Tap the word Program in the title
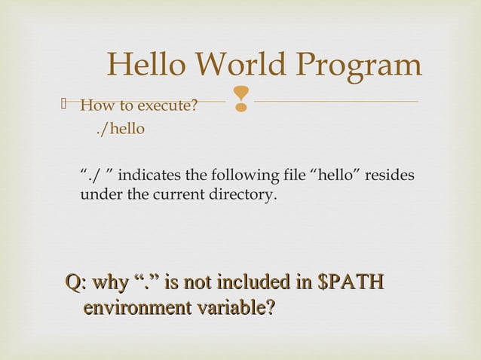click(364, 66)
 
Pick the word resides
click(394, 176)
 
